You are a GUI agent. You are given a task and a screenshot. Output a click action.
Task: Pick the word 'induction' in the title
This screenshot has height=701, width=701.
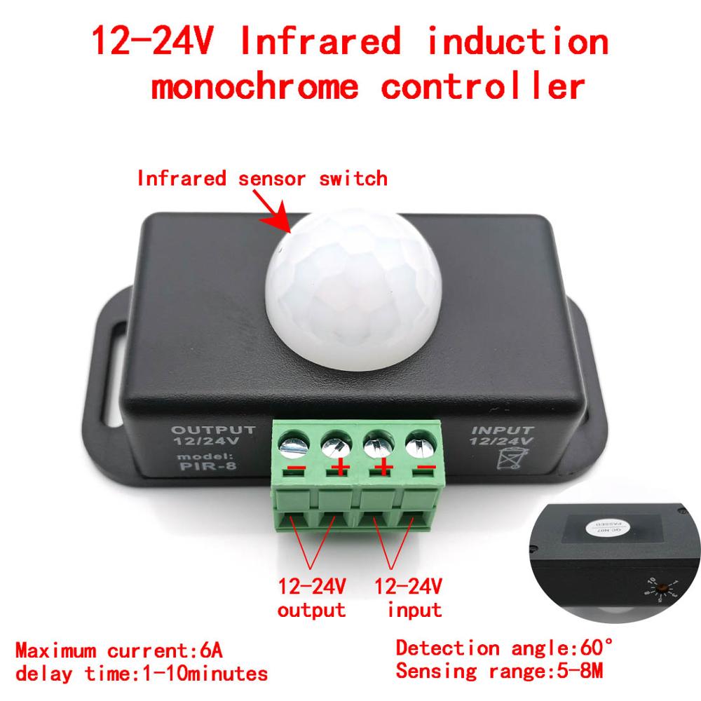pyautogui.click(x=517, y=42)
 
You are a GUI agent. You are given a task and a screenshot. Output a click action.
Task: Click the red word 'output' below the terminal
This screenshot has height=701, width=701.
pyautogui.click(x=311, y=609)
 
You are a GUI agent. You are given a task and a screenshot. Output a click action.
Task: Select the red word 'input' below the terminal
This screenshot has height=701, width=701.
pyautogui.click(x=414, y=609)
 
